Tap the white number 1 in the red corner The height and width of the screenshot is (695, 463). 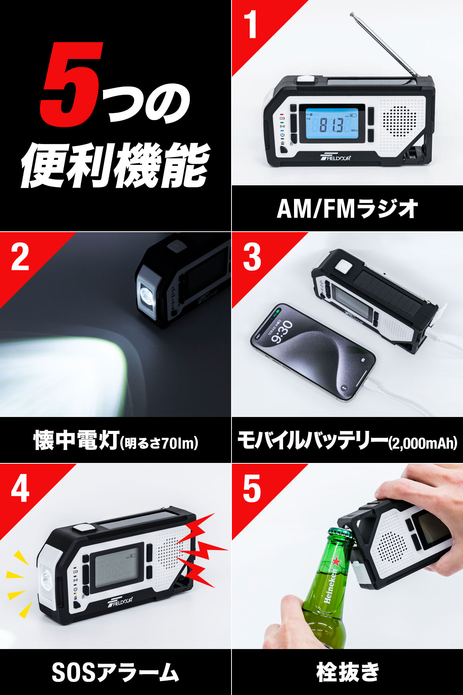coord(252,25)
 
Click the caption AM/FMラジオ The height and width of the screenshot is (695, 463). coord(347,208)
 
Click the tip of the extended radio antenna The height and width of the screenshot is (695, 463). coord(352,15)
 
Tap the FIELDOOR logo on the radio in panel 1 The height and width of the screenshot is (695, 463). coord(336,157)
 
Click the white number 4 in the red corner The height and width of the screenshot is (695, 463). coord(20,488)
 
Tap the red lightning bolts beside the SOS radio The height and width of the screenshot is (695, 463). coord(201,548)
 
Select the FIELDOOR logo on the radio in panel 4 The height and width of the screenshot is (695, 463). coord(120,601)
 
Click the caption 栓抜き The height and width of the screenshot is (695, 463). coord(347,672)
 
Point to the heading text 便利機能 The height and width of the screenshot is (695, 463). coord(116,166)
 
